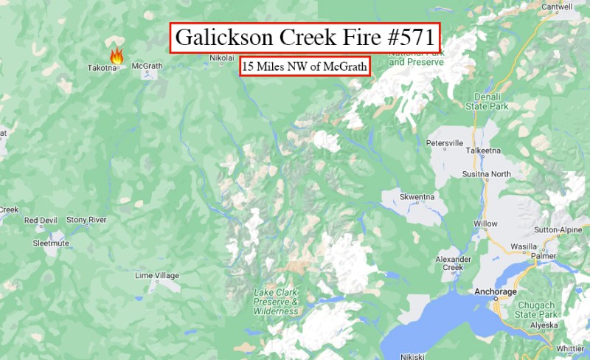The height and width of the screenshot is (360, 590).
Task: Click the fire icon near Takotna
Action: coord(116,55)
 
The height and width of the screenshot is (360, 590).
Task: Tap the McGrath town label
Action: coord(146,66)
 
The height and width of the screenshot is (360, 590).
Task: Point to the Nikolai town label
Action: coord(221,58)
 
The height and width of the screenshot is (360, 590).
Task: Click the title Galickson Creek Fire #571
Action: coord(305,38)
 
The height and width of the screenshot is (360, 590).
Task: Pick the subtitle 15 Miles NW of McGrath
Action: coord(305,67)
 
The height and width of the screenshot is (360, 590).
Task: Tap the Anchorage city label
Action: coord(496,291)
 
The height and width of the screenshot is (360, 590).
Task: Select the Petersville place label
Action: coord(445,142)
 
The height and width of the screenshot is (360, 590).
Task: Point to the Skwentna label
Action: coord(417,197)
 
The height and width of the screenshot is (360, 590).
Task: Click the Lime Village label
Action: coord(157,275)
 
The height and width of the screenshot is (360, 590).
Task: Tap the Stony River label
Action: coord(86,220)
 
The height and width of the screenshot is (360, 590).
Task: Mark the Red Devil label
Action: coord(40,220)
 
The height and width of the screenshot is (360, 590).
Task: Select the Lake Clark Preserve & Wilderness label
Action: coord(276,302)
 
